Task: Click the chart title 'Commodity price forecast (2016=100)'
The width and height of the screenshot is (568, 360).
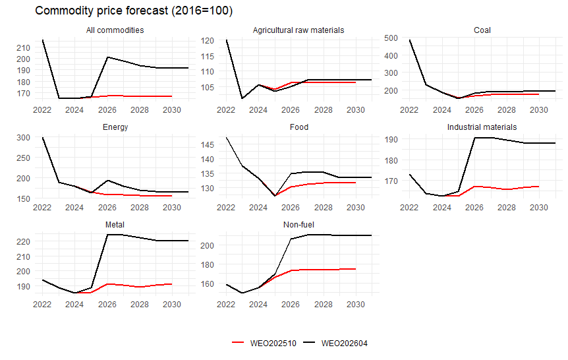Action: [x=133, y=11]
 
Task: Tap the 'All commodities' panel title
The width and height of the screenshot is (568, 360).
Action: [x=115, y=30]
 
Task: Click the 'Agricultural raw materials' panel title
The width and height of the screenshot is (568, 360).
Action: [x=298, y=30]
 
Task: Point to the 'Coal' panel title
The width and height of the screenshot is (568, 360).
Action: [x=482, y=30]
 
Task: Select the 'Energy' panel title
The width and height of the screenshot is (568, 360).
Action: [x=115, y=127]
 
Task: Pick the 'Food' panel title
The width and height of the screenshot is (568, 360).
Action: [x=298, y=127]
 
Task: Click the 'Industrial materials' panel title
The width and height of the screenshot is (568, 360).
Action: [x=482, y=127]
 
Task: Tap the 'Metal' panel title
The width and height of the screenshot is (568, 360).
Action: [x=115, y=224]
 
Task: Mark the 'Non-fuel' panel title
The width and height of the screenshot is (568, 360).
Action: [x=298, y=224]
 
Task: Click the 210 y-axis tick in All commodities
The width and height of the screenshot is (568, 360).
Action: [x=22, y=47]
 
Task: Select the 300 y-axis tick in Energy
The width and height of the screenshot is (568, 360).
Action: [x=22, y=137]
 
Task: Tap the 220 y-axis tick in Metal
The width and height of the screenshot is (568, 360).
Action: [x=22, y=241]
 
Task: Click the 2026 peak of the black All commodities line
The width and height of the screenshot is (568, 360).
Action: [x=107, y=57]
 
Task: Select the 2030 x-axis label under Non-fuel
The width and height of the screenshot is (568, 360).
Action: [x=355, y=304]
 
